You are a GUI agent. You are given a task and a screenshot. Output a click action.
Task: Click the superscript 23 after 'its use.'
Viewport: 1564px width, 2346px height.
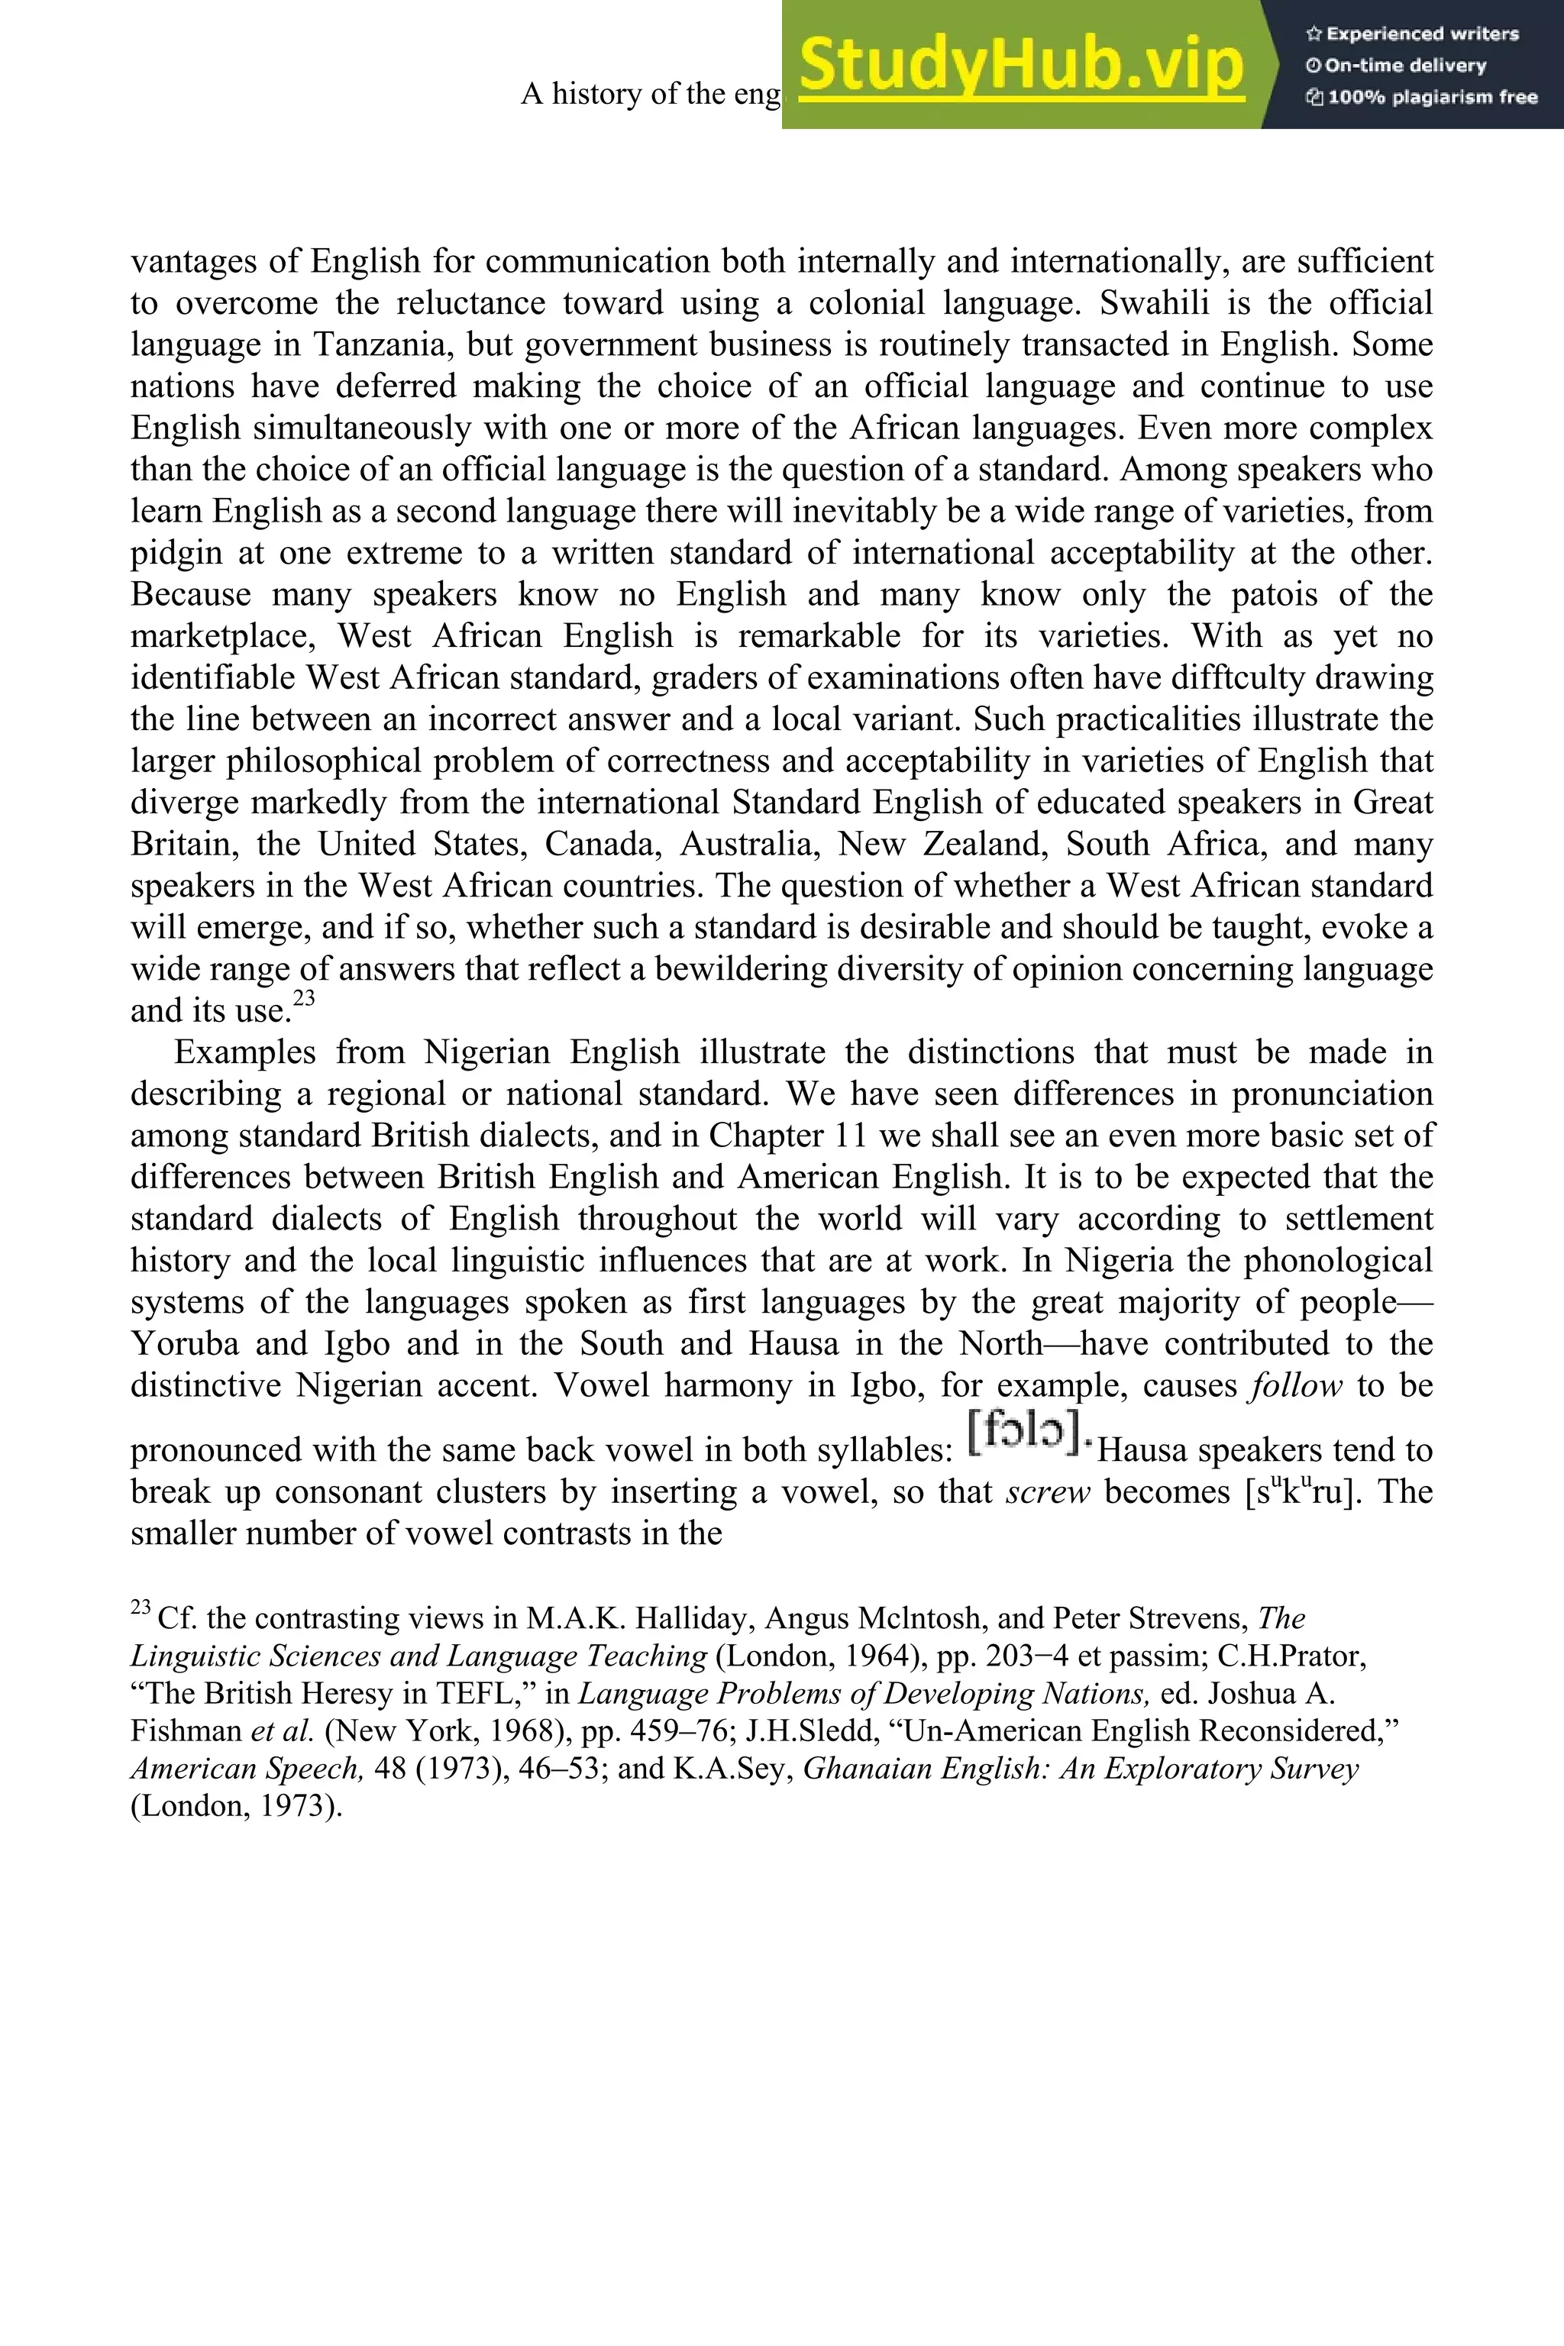(x=304, y=998)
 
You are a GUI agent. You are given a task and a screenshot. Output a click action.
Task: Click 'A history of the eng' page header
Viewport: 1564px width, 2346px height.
(x=651, y=94)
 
